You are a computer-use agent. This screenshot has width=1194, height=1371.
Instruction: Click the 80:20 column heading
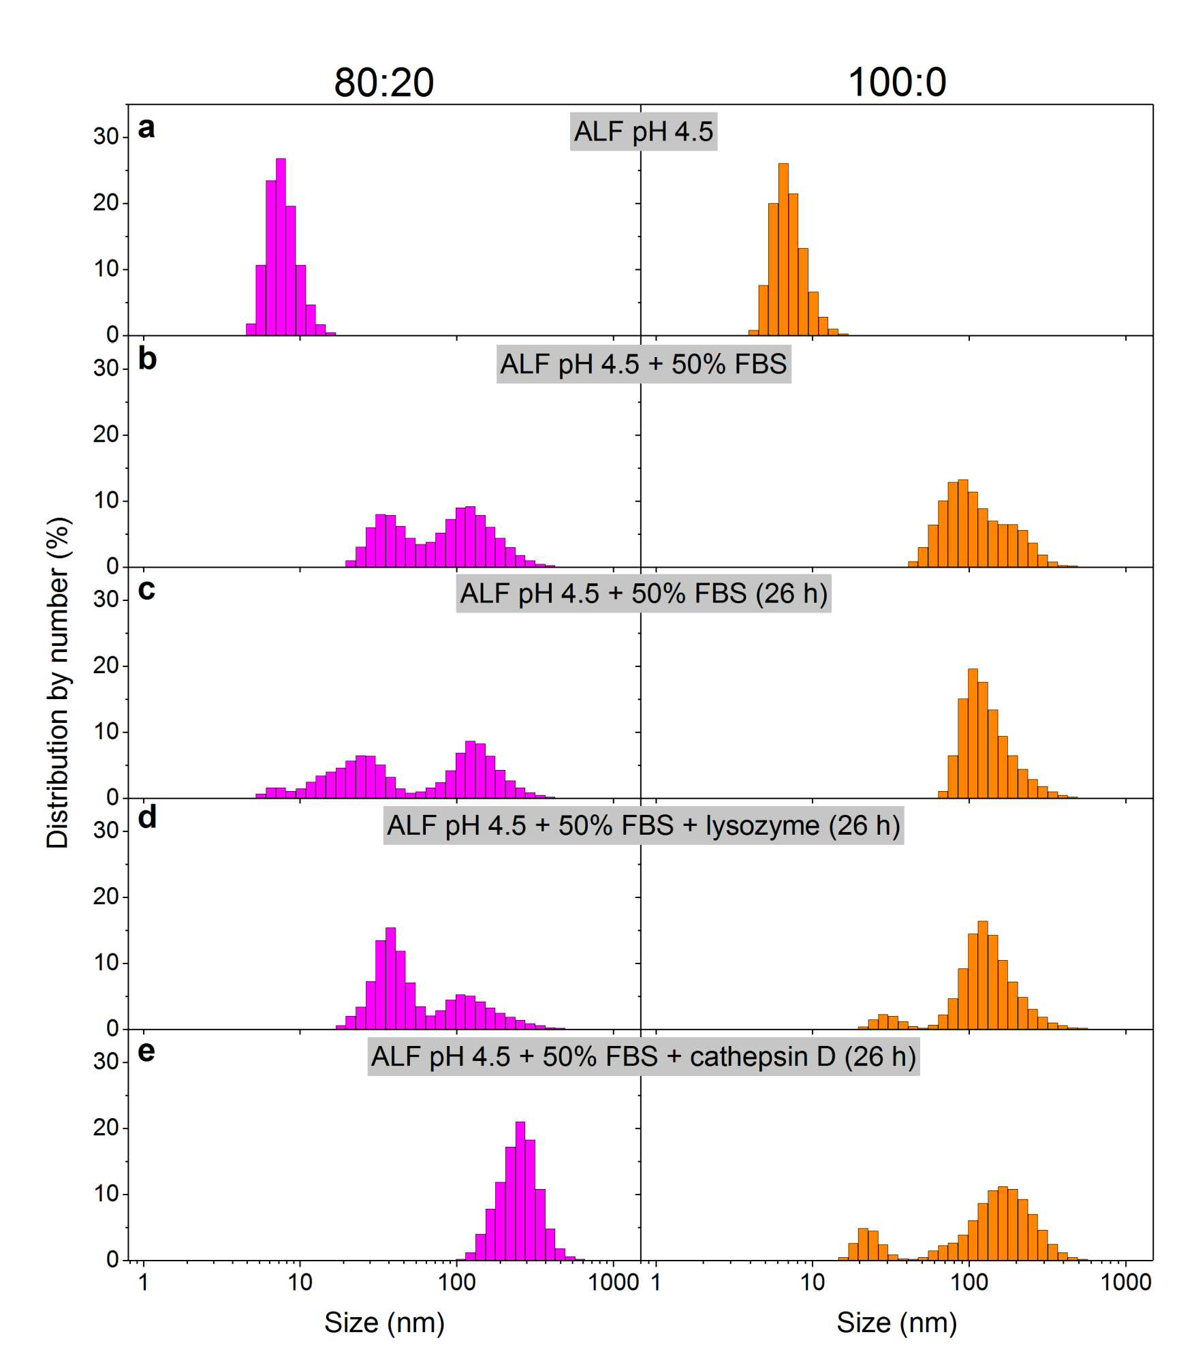[383, 82]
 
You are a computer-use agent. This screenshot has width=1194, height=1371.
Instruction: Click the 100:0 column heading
[896, 82]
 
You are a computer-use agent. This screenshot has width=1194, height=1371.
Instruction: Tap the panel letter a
[146, 128]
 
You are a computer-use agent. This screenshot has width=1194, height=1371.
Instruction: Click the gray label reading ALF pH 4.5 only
[644, 132]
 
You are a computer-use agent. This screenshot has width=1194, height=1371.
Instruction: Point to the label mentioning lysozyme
[644, 826]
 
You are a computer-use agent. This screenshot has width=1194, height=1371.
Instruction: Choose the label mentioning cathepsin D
[644, 1057]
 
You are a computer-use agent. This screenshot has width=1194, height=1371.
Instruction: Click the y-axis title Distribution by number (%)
[58, 683]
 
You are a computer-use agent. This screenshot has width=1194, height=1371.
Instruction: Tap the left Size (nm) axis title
[384, 1322]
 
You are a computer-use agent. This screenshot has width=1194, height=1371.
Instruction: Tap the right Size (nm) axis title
[896, 1322]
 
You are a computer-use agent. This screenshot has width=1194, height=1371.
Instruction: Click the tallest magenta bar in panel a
[281, 247]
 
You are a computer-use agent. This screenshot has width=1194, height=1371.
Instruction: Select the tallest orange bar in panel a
[783, 249]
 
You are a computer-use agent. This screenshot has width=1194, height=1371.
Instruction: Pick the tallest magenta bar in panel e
[520, 1192]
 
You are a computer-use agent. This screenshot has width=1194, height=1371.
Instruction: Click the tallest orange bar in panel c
[973, 733]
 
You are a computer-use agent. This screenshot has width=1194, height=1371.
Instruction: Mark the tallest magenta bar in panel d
[390, 979]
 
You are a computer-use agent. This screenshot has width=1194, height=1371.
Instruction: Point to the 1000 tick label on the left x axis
[613, 1282]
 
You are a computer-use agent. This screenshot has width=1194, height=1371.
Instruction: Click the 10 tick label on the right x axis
[813, 1282]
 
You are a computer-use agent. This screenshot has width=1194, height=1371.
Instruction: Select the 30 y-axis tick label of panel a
[106, 136]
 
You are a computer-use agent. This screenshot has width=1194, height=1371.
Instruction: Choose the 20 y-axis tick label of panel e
[106, 1128]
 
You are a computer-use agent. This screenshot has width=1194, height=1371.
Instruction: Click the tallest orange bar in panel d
[983, 975]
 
